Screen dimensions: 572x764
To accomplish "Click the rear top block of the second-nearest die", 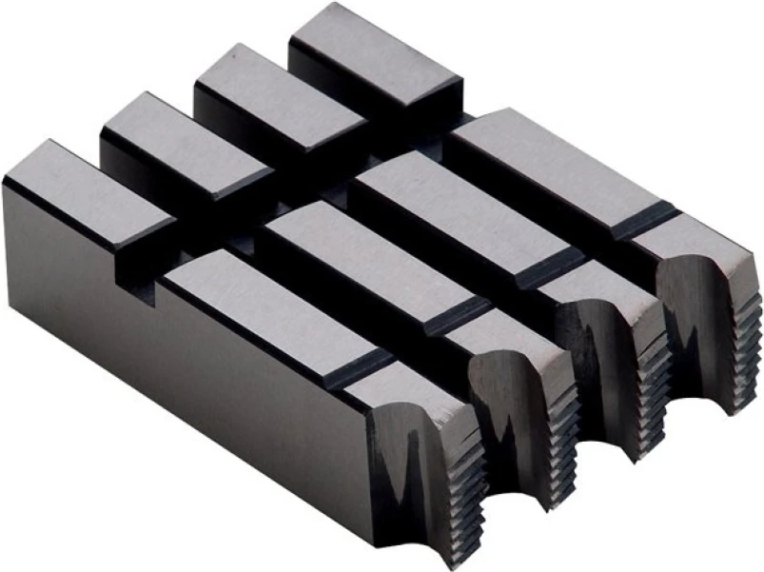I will pyautogui.click(x=181, y=143).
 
